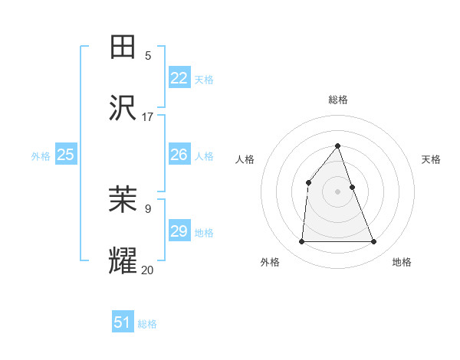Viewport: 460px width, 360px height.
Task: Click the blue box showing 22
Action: pyautogui.click(x=179, y=78)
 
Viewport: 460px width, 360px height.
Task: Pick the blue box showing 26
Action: pyautogui.click(x=179, y=155)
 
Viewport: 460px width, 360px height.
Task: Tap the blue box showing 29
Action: pyautogui.click(x=179, y=231)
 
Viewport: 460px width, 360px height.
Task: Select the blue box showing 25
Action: pyautogui.click(x=66, y=155)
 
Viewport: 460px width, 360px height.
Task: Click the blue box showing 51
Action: pyautogui.click(x=123, y=322)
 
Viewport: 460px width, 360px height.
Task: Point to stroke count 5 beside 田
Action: pyautogui.click(x=148, y=55)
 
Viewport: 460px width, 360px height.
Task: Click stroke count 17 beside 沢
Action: pyautogui.click(x=148, y=117)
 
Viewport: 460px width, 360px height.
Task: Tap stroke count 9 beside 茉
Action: pyautogui.click(x=148, y=208)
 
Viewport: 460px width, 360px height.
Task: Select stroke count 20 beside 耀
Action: pyautogui.click(x=148, y=270)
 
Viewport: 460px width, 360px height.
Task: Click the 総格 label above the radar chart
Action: pyautogui.click(x=338, y=100)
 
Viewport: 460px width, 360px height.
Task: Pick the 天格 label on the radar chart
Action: pyautogui.click(x=431, y=159)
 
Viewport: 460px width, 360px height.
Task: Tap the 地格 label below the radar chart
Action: pyautogui.click(x=402, y=262)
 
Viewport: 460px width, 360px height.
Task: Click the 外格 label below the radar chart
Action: pyautogui.click(x=270, y=262)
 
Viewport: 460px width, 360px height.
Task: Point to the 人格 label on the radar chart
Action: pyautogui.click(x=245, y=159)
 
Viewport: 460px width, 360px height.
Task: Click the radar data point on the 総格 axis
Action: pyautogui.click(x=338, y=146)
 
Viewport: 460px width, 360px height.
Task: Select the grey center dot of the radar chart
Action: pyautogui.click(x=338, y=191)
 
